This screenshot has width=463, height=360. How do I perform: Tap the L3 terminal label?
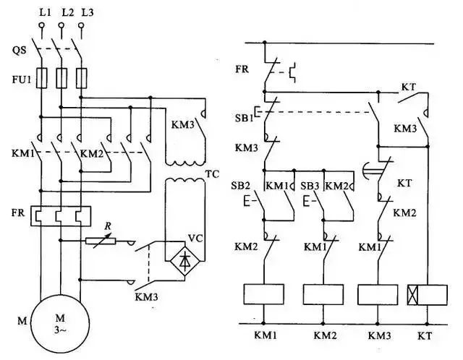(87, 13)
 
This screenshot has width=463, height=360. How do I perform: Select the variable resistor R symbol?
(102, 241)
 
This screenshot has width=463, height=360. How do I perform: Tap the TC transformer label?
(212, 174)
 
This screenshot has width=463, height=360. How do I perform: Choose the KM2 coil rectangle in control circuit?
(323, 293)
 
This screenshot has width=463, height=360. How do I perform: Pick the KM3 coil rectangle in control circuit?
(377, 293)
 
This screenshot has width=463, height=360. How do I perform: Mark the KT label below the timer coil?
(425, 337)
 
